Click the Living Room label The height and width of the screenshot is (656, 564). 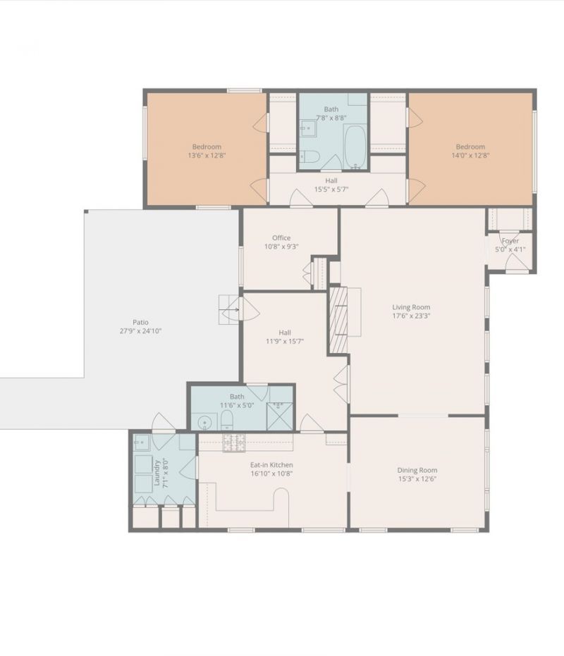pos(411,307)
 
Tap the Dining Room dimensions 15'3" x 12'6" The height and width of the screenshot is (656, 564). pos(417,479)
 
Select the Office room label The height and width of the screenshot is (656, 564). pos(281,237)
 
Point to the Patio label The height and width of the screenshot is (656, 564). pos(141,322)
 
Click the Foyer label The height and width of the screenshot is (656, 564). pos(510,241)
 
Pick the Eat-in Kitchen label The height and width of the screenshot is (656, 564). pos(271,465)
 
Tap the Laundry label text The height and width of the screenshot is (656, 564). pos(157,474)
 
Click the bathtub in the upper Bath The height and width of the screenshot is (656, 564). pos(355,147)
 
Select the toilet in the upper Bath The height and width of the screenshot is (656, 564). pos(309,156)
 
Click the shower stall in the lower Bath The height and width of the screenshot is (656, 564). pos(280,416)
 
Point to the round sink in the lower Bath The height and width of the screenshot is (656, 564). pos(204,423)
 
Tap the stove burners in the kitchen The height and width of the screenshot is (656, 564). pos(234,443)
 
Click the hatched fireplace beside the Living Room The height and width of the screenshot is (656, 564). pos(338,319)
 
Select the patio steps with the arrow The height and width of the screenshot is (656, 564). pos(228,309)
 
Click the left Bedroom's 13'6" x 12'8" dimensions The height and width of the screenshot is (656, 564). pos(207,155)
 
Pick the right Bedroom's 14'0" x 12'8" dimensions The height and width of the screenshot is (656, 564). pos(471,155)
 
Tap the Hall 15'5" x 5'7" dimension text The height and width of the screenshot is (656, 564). pos(331,189)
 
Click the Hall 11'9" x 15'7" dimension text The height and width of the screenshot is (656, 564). pos(285,341)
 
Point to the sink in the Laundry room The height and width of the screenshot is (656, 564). pos(142,442)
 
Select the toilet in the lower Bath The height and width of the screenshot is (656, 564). pos(226,420)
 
